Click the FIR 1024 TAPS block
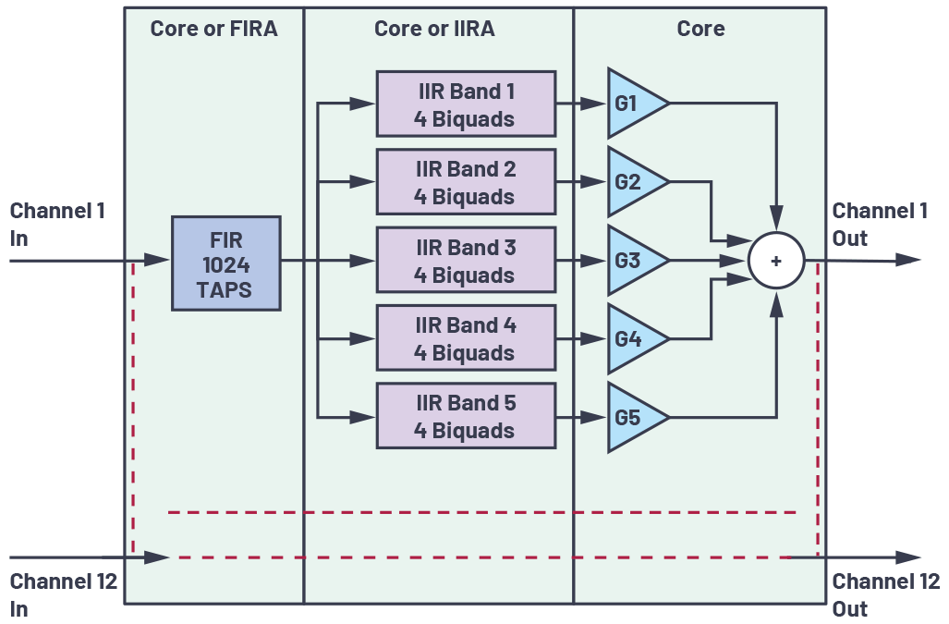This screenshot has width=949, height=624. pos(225,263)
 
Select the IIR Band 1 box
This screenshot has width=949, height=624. pos(465,104)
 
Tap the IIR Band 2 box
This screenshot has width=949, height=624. pos(465,183)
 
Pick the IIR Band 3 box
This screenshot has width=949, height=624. pos(465,262)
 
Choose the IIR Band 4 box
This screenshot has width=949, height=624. pos(465,339)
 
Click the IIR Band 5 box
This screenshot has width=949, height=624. pos(465,417)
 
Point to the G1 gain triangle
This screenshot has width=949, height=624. pos(632,104)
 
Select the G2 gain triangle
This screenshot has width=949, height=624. pos(632,182)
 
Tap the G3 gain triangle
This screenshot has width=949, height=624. pos(632,261)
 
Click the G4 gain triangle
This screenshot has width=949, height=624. pos(632,339)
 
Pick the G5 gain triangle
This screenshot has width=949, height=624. pos(632,418)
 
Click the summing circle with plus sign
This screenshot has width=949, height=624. pos(776,262)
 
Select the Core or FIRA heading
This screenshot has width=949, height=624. pos(213,29)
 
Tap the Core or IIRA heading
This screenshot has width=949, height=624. pos(434,29)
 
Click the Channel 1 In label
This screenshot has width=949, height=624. pos(57,225)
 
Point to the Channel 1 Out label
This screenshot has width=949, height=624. pos(880,225)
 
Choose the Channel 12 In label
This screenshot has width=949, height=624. pos(63,595)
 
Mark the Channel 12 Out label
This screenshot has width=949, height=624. pos(885,595)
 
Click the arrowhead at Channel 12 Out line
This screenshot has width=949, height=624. pos(909,557)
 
